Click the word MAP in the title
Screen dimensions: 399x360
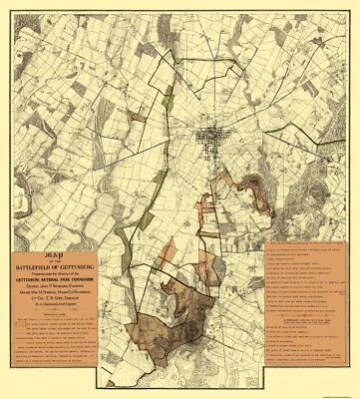coord(67,248)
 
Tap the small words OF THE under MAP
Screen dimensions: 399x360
coord(67,255)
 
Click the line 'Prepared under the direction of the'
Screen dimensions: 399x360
coord(67,269)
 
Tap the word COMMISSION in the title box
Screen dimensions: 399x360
coord(99,275)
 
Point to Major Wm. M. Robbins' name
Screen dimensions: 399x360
coord(45,289)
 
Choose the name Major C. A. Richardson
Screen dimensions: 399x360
coord(90,289)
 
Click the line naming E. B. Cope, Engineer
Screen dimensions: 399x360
coord(67,296)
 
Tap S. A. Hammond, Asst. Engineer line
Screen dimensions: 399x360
coord(67,303)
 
